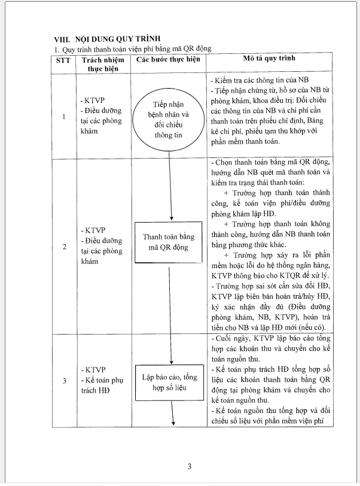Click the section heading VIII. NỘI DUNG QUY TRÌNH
pyautogui.click(x=101, y=39)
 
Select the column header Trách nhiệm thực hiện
pyautogui.click(x=99, y=64)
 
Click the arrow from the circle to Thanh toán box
pyautogui.click(x=172, y=186)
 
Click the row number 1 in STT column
pyautogui.click(x=64, y=117)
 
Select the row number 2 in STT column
pyautogui.click(x=64, y=246)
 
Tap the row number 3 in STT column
pyautogui.click(x=64, y=381)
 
